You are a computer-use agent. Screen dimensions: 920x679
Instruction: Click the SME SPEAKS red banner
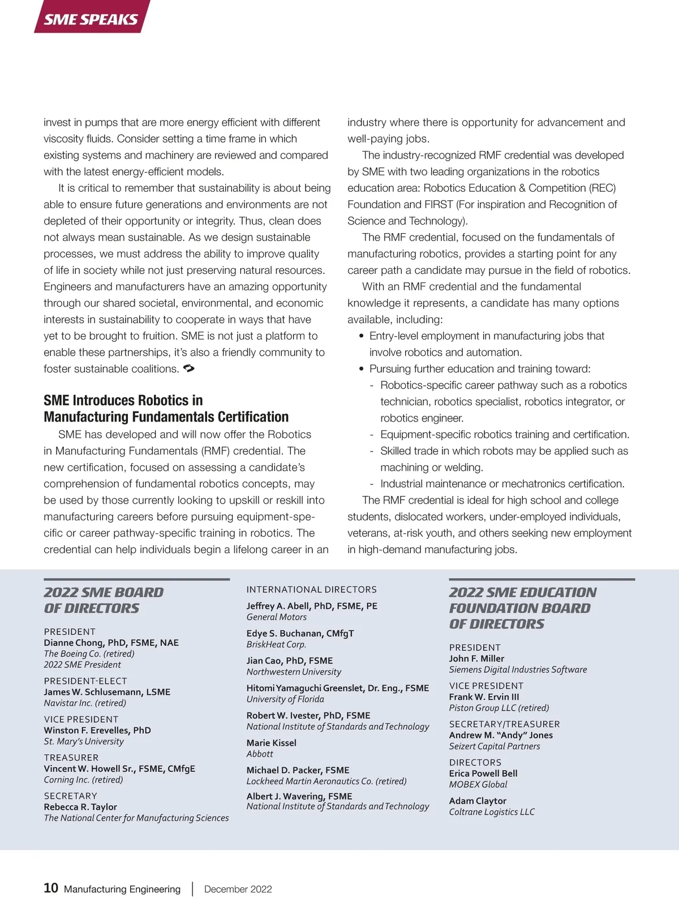[91, 19]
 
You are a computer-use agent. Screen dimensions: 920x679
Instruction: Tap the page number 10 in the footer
[51, 888]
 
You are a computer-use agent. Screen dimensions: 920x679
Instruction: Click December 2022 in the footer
[238, 889]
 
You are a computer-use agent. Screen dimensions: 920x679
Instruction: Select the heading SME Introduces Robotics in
[123, 401]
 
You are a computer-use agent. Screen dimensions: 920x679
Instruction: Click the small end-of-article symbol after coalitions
[189, 368]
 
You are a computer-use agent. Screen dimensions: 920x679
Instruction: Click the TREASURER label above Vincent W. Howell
[71, 758]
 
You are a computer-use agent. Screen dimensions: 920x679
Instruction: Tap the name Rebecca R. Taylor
[80, 807]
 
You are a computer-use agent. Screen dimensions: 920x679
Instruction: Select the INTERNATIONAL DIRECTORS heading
[311, 590]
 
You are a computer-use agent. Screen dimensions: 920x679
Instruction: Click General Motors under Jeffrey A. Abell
[277, 617]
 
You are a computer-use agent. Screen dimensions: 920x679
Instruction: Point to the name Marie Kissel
[271, 743]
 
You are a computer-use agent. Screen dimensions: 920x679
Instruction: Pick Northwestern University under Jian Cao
[294, 672]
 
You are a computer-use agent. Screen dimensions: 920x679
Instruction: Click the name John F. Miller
[476, 659]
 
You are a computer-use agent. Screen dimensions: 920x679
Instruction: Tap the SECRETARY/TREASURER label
[504, 724]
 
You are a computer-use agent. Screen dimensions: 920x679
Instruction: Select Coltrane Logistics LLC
[492, 812]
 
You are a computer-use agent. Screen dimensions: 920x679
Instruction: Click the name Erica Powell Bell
[483, 773]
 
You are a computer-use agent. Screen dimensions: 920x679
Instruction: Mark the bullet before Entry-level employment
[362, 336]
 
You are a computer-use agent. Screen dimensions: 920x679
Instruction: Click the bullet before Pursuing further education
[362, 369]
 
